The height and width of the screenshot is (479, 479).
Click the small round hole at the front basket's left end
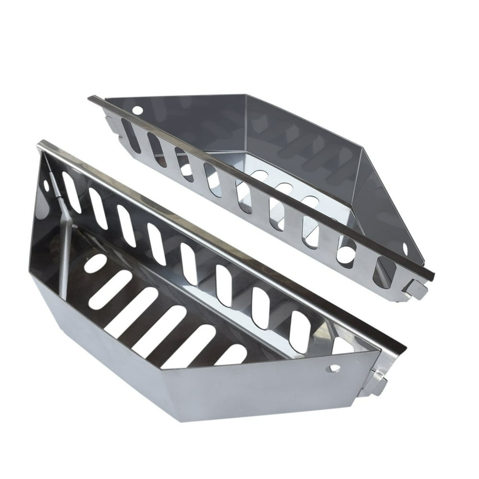46,184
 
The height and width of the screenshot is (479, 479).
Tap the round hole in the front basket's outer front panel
335,368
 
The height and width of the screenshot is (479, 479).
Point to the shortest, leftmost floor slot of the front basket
95,263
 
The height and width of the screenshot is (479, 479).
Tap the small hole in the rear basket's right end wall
405,249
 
